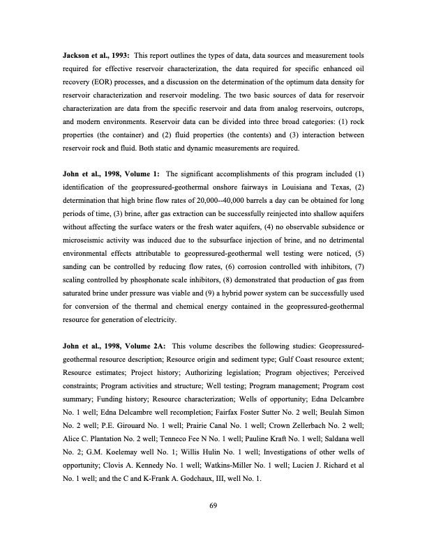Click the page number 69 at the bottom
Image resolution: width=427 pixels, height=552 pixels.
pyautogui.click(x=213, y=515)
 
